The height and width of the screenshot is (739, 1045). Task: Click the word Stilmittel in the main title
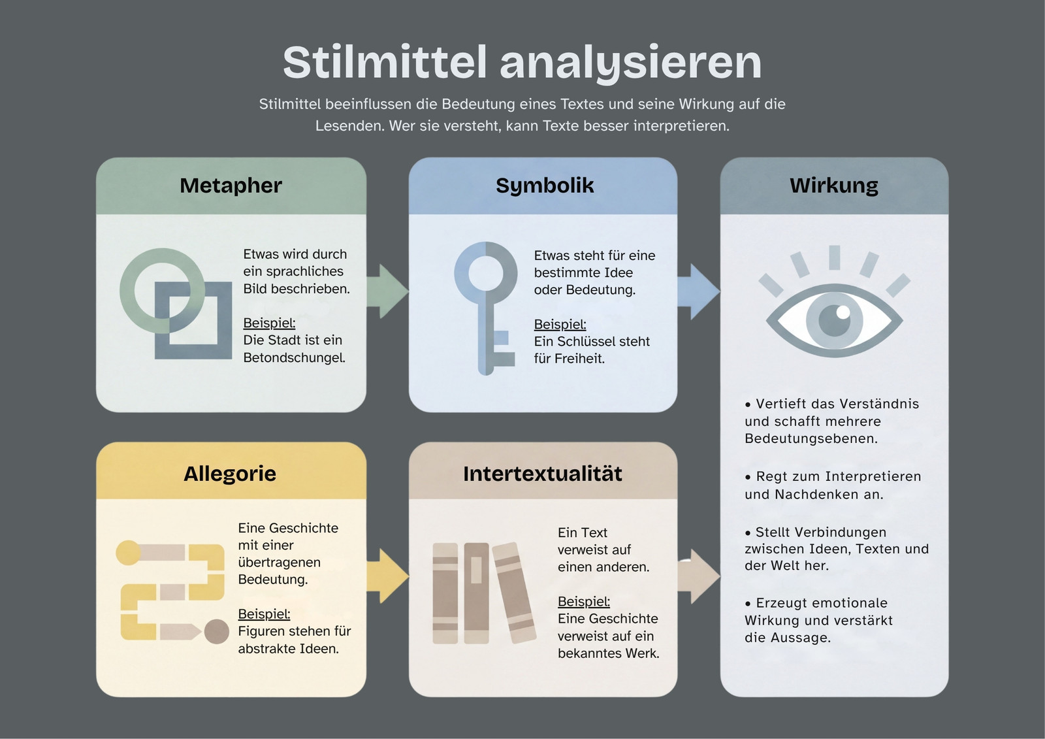[x=385, y=62]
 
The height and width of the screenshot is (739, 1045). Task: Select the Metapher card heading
[x=231, y=186]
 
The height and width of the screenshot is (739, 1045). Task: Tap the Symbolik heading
[x=545, y=186]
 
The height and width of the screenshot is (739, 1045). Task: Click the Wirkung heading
[x=833, y=186]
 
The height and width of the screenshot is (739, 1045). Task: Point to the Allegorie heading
[x=230, y=473]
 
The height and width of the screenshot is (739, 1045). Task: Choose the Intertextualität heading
[x=543, y=473]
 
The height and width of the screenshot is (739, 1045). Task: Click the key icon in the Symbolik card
[x=486, y=308]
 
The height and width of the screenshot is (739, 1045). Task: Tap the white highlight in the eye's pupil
[x=843, y=312]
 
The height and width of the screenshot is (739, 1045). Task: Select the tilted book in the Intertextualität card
[x=514, y=593]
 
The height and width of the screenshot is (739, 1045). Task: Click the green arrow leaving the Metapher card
[x=387, y=291]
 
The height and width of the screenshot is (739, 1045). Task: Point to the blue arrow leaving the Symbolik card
[x=698, y=292]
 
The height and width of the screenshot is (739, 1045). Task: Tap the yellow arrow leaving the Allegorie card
[x=387, y=576]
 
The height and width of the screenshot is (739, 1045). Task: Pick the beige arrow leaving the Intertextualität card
[x=698, y=576]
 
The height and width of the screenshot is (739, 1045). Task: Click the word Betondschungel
[x=294, y=358]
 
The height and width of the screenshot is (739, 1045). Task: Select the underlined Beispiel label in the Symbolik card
[x=560, y=324]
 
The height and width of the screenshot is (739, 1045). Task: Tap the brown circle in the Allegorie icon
[x=217, y=632]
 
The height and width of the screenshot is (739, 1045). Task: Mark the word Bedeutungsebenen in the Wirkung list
[x=811, y=439]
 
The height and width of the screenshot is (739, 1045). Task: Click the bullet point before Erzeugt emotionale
[x=748, y=604]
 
